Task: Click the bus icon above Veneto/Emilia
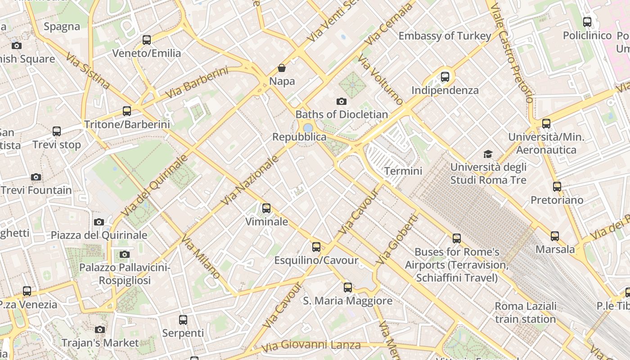point(147,40)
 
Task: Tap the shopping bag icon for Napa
point(282,68)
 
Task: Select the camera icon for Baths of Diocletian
point(342,101)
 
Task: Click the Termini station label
point(403,171)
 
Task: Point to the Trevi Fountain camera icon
point(36,177)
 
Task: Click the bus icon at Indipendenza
point(445,77)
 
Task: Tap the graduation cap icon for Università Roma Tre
point(488,154)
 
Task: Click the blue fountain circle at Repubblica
point(308,128)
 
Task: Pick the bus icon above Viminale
point(266,208)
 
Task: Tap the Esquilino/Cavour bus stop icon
point(316,247)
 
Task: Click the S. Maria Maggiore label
point(347,301)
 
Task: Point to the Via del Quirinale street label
point(154,185)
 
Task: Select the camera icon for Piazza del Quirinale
point(99,222)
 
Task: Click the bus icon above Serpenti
point(183,320)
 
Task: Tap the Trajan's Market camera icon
point(100,330)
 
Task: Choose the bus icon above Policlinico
point(587,22)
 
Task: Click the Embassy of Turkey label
point(445,36)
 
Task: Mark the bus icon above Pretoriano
point(557,187)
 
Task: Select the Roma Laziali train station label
point(526,312)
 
